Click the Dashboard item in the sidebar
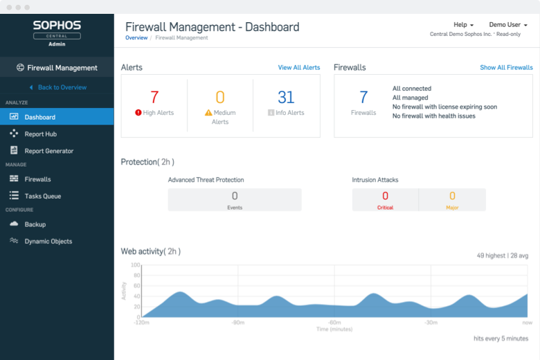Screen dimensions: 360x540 (x=39, y=117)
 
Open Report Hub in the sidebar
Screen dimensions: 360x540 (x=40, y=134)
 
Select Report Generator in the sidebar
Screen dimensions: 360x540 (x=48, y=151)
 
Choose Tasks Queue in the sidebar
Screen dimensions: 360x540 (x=43, y=196)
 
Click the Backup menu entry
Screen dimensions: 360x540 (x=35, y=224)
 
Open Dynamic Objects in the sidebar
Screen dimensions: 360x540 (x=48, y=242)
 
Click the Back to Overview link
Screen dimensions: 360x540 (x=62, y=87)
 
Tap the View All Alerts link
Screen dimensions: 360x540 (x=299, y=68)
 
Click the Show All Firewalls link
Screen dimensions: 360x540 (x=506, y=68)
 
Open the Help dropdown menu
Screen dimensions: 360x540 (x=463, y=25)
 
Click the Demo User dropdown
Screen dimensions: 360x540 (x=508, y=25)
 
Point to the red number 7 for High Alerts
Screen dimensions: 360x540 (x=154, y=98)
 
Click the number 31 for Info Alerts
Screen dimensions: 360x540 (x=286, y=98)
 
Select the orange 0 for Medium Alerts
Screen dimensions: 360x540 (x=220, y=98)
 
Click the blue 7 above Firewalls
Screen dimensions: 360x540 (x=363, y=98)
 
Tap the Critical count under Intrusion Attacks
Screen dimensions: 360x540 (x=385, y=197)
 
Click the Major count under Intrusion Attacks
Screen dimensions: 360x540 (x=452, y=197)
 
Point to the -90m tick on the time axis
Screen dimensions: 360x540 (x=238, y=322)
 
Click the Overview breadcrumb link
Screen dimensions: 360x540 (x=136, y=38)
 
